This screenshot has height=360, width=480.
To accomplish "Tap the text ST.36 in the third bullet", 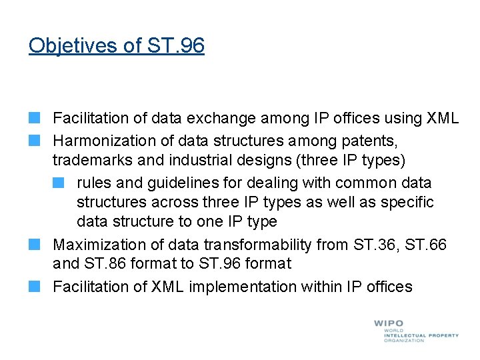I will pyautogui.click(x=379, y=245).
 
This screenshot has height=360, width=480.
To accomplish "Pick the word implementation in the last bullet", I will pyautogui.click(x=239, y=287).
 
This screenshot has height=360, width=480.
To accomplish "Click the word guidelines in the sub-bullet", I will pyautogui.click(x=169, y=183).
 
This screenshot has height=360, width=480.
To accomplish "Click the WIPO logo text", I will pyautogui.click(x=388, y=323).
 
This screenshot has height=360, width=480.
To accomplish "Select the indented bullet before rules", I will pyautogui.click(x=59, y=183).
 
